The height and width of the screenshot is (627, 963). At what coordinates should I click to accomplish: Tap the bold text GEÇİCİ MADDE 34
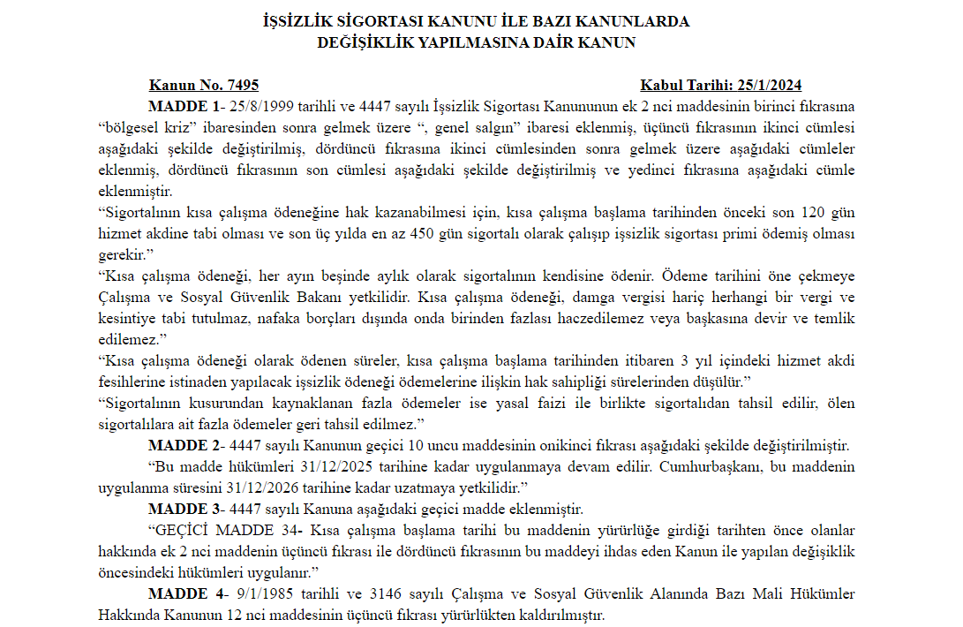(228, 531)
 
